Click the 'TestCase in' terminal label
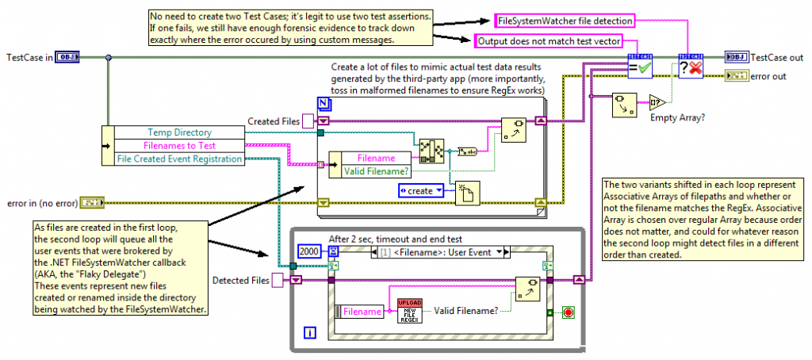pos(29,57)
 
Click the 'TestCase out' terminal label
pos(777,57)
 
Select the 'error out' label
pos(768,75)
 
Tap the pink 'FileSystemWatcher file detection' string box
pos(564,20)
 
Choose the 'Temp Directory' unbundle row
pos(179,132)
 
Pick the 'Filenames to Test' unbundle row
pos(179,145)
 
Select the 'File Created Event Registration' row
pos(179,159)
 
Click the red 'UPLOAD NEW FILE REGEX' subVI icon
pos(410,311)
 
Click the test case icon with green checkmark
pos(639,67)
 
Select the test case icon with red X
pos(691,67)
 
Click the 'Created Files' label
pos(274,121)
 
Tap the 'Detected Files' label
pos(241,279)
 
